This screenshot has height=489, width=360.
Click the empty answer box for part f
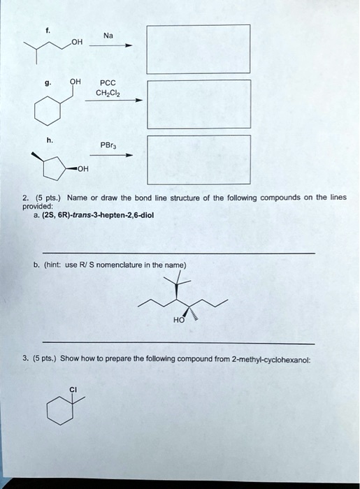[198, 49]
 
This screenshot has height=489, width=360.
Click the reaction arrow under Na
[109, 47]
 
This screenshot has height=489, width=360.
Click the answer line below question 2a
[178, 253]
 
